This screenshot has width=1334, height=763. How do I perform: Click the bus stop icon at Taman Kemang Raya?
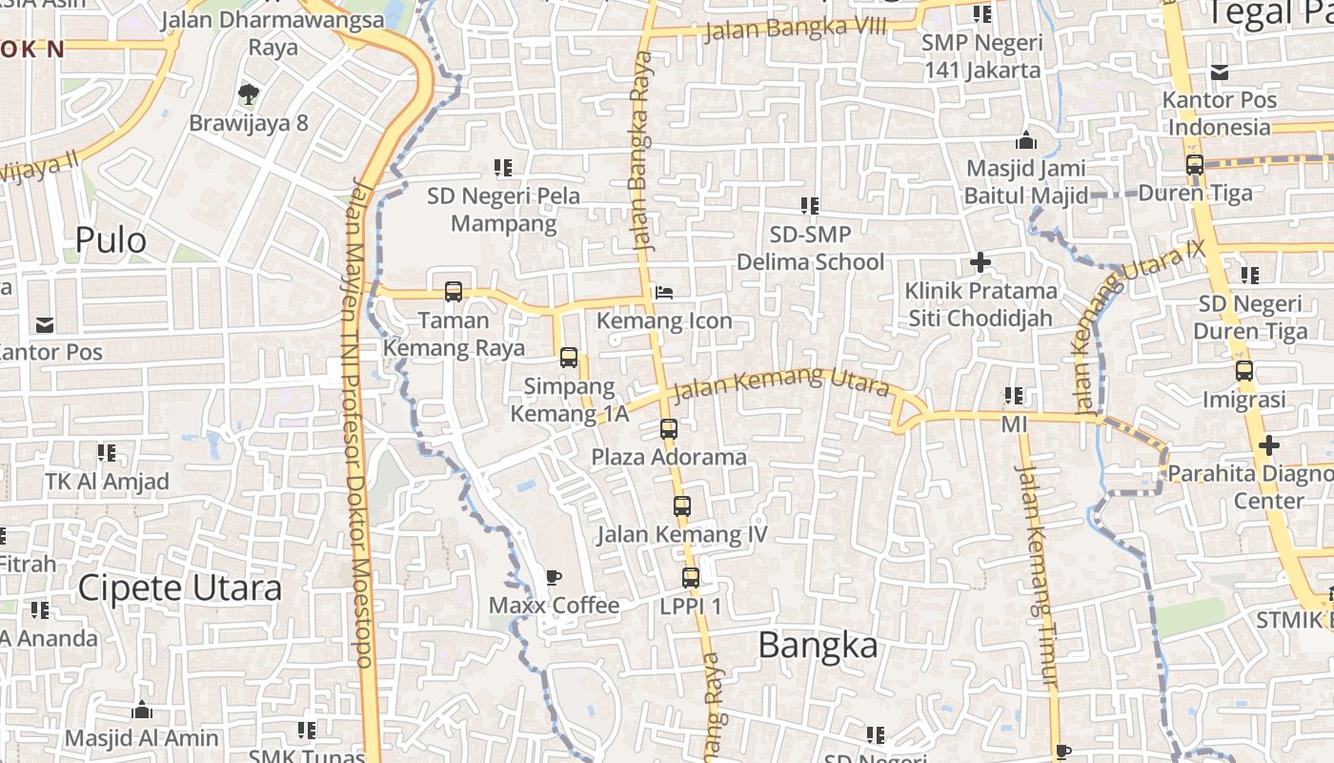pos(454,292)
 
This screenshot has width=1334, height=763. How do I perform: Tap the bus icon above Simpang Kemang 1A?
pos(569,358)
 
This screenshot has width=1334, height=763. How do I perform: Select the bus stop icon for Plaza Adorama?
pos(669,429)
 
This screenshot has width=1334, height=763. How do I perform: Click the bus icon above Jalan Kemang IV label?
pos(681,505)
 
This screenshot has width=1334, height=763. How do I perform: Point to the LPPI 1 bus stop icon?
pos(691,577)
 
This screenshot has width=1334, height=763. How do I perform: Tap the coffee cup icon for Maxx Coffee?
pos(553,577)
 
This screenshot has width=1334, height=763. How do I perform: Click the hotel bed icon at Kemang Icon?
pos(664,292)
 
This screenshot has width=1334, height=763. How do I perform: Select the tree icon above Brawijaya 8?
pos(248,93)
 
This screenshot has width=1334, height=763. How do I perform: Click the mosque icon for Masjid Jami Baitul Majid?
pos(1026,140)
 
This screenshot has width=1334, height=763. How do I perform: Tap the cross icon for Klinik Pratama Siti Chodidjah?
pos(980,261)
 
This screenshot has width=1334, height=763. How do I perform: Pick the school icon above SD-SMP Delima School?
pos(810,205)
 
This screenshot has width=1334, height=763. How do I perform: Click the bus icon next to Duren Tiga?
pos(1195,164)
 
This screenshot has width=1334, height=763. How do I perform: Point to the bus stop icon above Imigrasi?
pos(1243,371)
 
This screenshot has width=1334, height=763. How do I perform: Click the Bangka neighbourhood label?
pos(818,646)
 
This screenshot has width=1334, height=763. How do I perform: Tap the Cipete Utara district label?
pos(180,588)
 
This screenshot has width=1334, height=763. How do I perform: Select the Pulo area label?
pos(111,240)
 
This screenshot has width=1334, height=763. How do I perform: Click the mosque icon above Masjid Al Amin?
pos(142,710)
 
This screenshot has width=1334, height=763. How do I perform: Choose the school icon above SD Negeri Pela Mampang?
pos(503,168)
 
